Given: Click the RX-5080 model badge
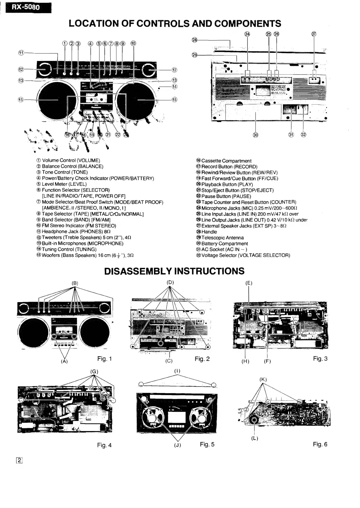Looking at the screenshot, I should pos(26,7).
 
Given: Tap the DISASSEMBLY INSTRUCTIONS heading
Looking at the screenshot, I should pos(174,271).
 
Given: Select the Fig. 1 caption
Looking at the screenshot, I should pos(104,359).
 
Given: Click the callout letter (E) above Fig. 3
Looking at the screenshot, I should pos(249,283).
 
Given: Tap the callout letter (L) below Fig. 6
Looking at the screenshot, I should pos(255,438).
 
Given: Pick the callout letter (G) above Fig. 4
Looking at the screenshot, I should pos(94,371).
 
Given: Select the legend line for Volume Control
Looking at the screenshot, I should pos(68,160).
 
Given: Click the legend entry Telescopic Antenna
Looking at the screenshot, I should pos(220,238).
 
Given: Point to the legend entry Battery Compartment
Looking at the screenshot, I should pos(222,243).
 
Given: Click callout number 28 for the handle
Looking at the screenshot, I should pos(194,40).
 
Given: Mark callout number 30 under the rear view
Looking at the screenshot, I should pos(256,135).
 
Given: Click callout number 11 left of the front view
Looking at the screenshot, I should pos(21,53).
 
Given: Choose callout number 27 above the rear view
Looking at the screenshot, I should pos(314,34).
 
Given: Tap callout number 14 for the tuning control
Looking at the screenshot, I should pos(175,87).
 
